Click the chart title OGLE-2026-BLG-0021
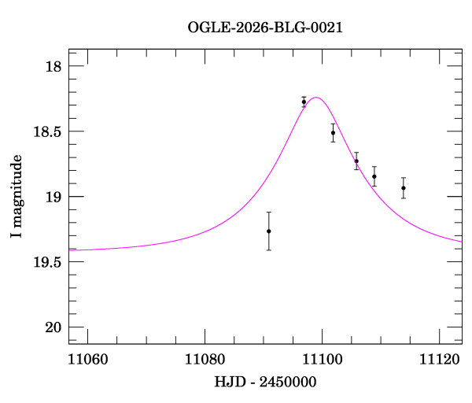pos(265,28)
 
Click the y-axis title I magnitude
pos(16,197)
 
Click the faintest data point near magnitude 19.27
pos(269,231)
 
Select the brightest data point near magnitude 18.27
pos(304,102)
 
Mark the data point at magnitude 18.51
pos(333,132)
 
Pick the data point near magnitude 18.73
pos(356,161)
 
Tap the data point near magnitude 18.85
pos(374,176)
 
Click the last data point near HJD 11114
pos(404,188)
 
